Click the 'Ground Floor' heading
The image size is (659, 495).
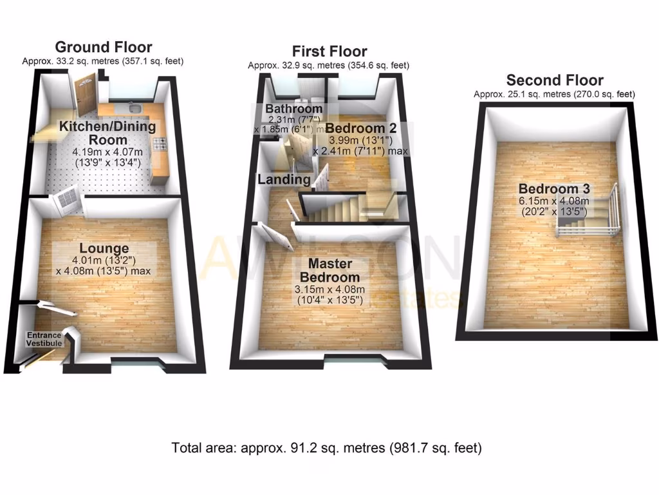104,47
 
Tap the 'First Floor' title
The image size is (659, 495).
329,51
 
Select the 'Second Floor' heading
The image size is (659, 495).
555,80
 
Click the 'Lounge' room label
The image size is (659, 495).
104,248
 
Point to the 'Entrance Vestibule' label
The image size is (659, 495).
44,340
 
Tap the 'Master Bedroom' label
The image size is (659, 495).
329,270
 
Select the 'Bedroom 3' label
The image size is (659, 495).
555,189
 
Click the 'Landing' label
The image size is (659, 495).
284,179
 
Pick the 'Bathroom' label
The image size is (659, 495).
294,109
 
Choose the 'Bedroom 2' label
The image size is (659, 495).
360,128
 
